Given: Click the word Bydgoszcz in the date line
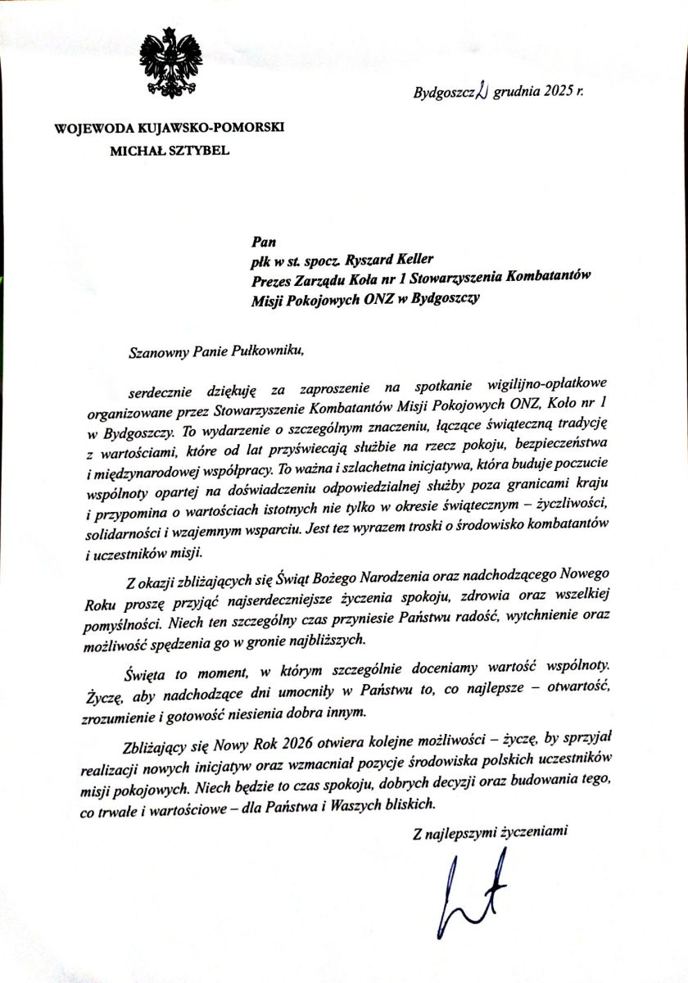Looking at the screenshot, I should pyautogui.click(x=444, y=93).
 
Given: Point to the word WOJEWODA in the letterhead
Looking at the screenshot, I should pyautogui.click(x=88, y=129).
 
